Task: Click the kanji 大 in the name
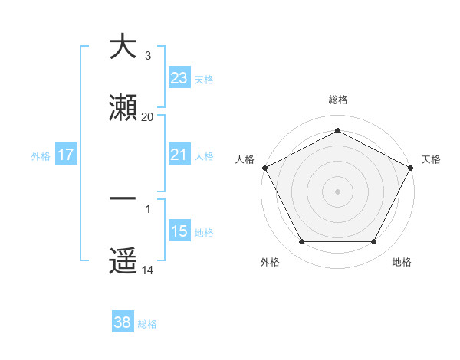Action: coord(123,47)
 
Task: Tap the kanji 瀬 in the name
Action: coord(123,109)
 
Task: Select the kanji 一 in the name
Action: coord(123,200)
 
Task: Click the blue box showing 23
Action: coord(179,78)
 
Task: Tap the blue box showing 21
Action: coord(179,155)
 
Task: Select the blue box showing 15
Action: coord(179,231)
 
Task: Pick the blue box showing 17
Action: coord(66,155)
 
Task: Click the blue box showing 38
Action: coord(122,323)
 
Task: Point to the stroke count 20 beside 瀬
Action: coord(148,117)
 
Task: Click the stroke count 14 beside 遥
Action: coord(148,270)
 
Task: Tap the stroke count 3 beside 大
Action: coord(148,56)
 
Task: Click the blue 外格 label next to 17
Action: coord(41,155)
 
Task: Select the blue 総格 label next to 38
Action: coord(147,324)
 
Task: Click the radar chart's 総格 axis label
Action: coord(337,100)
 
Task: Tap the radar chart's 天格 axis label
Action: coord(431,159)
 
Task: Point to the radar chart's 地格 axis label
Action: coord(402,263)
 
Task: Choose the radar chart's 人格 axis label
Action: coord(245,159)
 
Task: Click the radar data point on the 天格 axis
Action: coord(411,167)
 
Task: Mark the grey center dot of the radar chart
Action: coord(337,191)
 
